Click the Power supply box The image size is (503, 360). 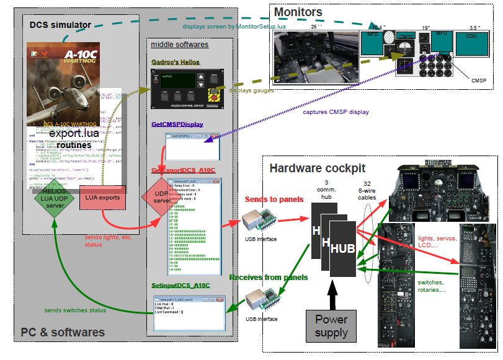(x=331, y=325)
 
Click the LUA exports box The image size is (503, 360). (x=102, y=197)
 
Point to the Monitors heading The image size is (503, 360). (x=298, y=12)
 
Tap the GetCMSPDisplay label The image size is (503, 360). (x=177, y=125)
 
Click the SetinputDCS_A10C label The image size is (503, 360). (x=181, y=286)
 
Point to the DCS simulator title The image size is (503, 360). (x=60, y=25)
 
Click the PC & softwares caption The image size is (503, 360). (x=63, y=333)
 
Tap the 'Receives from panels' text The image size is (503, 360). (x=269, y=277)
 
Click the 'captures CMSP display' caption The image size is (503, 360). (x=336, y=112)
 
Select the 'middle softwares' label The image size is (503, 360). (x=180, y=45)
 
